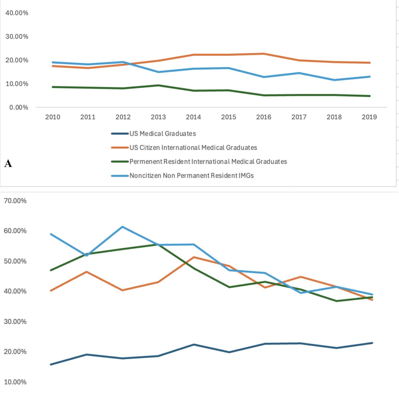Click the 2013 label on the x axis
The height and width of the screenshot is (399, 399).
click(x=158, y=117)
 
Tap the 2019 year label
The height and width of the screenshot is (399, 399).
click(x=369, y=117)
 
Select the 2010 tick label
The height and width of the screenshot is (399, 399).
click(x=53, y=117)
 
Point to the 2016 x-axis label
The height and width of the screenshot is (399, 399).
click(x=264, y=117)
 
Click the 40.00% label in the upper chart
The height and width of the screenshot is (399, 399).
click(x=17, y=13)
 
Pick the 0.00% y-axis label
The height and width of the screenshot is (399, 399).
click(x=19, y=107)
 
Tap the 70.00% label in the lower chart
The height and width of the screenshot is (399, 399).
click(x=15, y=201)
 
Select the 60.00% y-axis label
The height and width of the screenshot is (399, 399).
click(x=15, y=231)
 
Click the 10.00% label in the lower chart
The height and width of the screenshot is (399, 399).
click(x=15, y=382)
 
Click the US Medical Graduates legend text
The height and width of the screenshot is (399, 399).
click(x=163, y=134)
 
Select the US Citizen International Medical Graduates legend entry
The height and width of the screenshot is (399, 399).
click(x=193, y=148)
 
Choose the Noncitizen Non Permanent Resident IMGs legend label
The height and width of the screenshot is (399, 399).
click(x=192, y=176)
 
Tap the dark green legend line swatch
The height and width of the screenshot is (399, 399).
click(x=120, y=162)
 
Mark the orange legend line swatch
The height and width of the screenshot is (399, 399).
click(x=120, y=148)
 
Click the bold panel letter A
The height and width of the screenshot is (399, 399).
click(x=8, y=163)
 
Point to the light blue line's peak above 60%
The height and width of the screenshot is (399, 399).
click(x=122, y=227)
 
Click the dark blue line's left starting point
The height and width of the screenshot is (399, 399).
click(x=51, y=364)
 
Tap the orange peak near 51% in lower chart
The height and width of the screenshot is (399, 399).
click(x=194, y=257)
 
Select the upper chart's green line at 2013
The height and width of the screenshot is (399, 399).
click(x=158, y=85)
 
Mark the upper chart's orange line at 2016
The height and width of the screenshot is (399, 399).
click(x=264, y=54)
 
